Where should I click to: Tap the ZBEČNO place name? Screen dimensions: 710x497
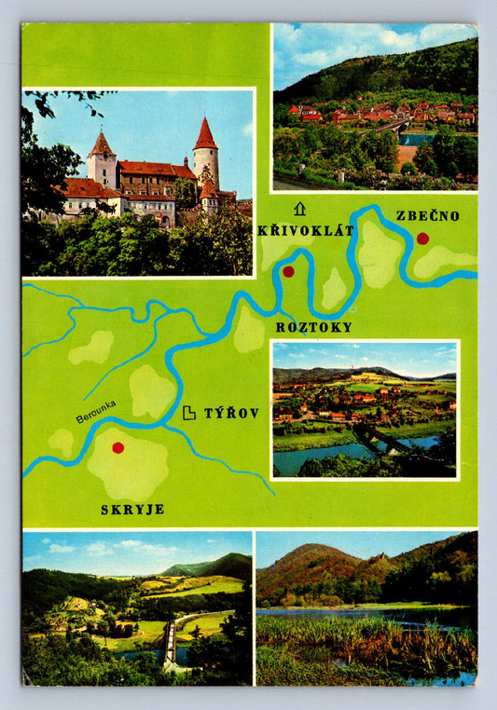[x=428, y=215]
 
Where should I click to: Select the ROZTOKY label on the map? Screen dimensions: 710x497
[x=314, y=327]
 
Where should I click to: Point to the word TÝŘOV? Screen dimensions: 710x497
[x=231, y=412]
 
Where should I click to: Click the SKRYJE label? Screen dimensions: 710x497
[x=132, y=509]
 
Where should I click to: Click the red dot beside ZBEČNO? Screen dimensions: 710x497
[x=422, y=239]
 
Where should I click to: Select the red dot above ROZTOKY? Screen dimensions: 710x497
[x=288, y=271]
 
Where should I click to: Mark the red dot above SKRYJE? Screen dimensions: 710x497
[x=117, y=448]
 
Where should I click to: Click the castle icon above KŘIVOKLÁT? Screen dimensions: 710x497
[x=299, y=209]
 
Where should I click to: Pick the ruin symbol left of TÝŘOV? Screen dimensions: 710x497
[x=189, y=412]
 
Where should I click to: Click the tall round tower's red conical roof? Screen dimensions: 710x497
[x=205, y=135]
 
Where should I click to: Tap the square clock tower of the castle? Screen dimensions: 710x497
[x=102, y=160]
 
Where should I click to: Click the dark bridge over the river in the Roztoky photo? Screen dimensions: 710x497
[x=382, y=438]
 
